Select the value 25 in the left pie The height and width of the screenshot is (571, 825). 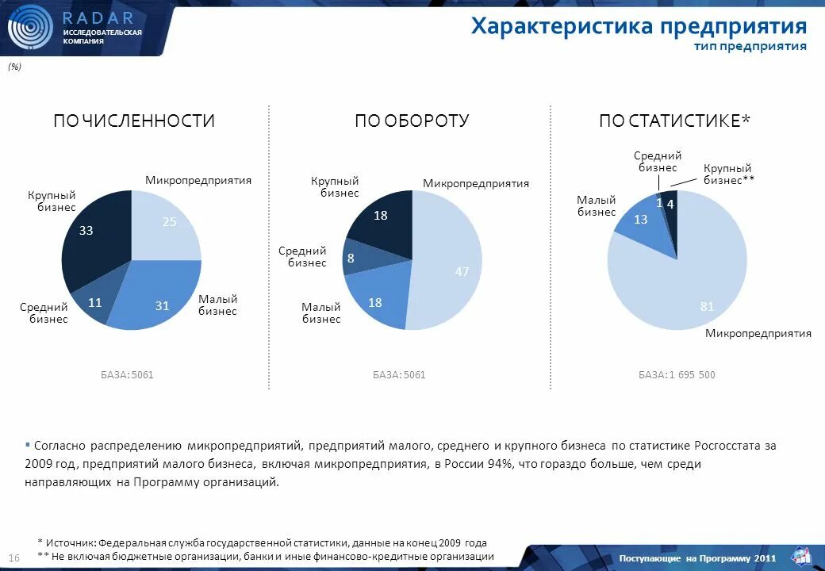(169, 223)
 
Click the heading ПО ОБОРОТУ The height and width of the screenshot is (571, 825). (412, 121)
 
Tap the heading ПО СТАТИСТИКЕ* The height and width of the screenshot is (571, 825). (674, 121)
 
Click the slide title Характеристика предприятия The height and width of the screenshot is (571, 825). (639, 26)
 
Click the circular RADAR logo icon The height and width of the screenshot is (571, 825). (30, 28)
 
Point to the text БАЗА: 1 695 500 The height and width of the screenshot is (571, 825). (677, 374)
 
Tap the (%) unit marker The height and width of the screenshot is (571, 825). (15, 67)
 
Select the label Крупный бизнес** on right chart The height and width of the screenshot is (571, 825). (728, 174)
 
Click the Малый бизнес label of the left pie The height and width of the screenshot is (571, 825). (217, 305)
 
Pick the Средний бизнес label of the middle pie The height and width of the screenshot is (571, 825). (302, 256)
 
